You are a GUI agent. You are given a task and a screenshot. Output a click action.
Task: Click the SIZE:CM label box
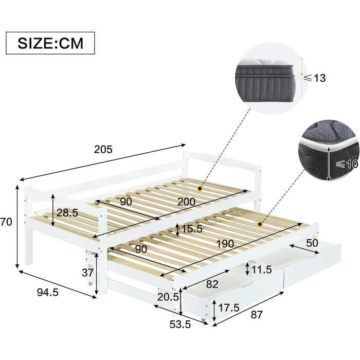pos(50,43)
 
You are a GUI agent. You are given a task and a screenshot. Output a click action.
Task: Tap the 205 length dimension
pos(103,150)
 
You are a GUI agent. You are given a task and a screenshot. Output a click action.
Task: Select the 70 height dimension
pos(6,222)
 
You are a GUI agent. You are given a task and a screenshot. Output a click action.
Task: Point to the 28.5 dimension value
pos(67,213)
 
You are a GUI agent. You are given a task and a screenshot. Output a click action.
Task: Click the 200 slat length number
pos(186,202)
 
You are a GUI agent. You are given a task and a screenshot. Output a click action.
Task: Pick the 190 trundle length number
pos(225,244)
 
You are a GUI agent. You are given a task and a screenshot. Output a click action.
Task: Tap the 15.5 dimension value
pos(192,229)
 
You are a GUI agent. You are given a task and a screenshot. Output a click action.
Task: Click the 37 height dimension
pos(88,273)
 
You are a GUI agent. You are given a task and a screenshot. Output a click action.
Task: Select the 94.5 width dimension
pos(48,292)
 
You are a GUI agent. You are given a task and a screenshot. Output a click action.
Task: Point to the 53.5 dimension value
pos(180,325)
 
